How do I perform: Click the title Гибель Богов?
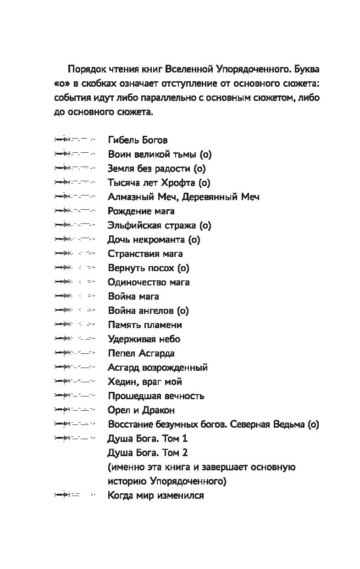138,140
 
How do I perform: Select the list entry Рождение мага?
141,211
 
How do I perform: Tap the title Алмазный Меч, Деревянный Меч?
183,197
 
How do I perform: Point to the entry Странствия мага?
145,254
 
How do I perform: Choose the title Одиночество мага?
149,282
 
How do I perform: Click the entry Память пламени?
145,325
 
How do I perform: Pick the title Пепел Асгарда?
141,353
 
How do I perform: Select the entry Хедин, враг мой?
145,382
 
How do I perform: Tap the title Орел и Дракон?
141,410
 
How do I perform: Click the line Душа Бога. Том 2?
148,453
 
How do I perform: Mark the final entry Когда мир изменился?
156,496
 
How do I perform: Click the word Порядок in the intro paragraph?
86,69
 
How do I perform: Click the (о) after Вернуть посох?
183,268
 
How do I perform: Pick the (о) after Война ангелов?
183,311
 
